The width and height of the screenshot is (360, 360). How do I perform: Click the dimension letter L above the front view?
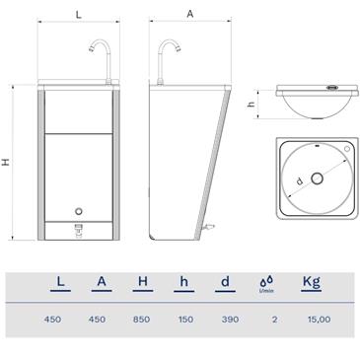point(78,15)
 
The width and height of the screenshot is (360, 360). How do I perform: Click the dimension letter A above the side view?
point(190,14)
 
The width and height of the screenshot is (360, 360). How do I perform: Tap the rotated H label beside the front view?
point(6,162)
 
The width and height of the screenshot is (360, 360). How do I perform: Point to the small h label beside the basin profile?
point(252,104)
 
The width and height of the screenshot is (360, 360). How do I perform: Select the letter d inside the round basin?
point(299,181)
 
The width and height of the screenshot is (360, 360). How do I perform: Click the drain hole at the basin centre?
point(317,179)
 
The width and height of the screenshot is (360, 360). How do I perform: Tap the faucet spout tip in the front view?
point(92,49)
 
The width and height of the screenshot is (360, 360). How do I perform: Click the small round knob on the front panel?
point(79,211)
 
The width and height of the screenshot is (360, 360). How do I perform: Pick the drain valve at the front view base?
point(79,230)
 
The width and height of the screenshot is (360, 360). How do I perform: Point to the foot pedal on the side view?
point(208,227)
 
